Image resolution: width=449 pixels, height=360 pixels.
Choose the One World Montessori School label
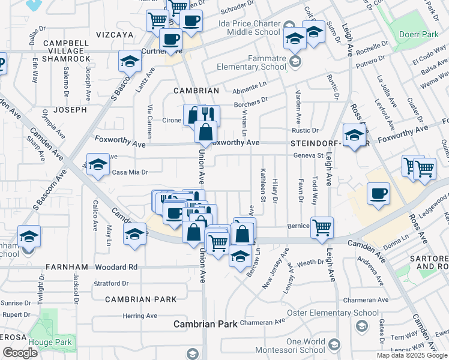[x=289, y=346]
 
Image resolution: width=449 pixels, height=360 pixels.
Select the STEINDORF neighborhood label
[x=312, y=144]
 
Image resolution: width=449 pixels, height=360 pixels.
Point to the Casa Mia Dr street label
[x=130, y=172]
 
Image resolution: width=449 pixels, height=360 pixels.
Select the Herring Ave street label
[x=139, y=316]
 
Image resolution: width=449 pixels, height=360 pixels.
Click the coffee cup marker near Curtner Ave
[x=170, y=39]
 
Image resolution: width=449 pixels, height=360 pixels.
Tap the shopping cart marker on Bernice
[x=322, y=227]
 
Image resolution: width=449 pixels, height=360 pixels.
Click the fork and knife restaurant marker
[x=209, y=115]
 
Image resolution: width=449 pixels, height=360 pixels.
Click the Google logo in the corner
[x=20, y=353]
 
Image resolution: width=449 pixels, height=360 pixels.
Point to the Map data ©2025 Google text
[x=412, y=355]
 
